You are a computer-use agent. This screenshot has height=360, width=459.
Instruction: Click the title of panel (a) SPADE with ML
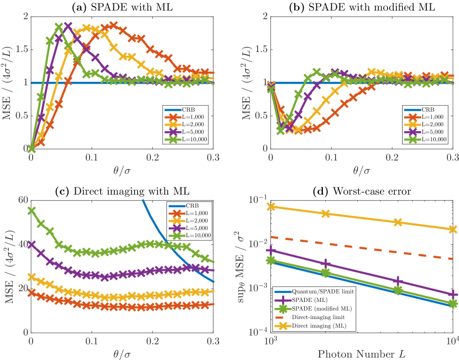point(122,7)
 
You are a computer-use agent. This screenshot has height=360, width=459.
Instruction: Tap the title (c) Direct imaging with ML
point(122,191)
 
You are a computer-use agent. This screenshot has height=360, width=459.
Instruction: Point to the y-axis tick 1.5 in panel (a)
point(20,49)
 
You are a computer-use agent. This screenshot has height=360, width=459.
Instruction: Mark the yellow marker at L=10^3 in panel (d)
point(271,207)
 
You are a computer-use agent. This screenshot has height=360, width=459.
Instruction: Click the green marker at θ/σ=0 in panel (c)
point(32,211)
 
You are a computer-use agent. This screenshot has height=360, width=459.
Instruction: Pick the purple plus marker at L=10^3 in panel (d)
point(271,251)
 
